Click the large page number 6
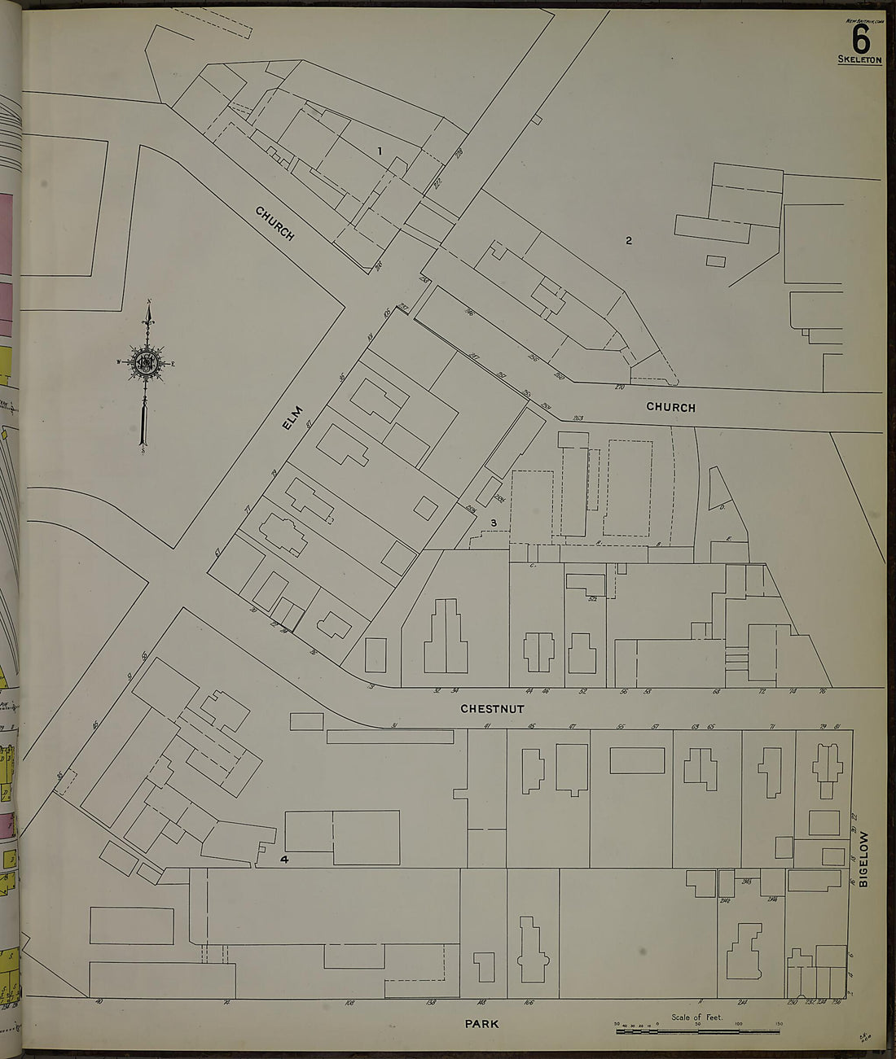[860, 37]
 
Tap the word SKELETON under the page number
[859, 59]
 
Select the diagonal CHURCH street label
[275, 223]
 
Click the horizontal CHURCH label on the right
[671, 407]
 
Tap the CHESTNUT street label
[492, 709]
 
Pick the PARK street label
[482, 1023]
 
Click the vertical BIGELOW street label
[864, 859]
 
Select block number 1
[379, 151]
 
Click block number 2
[629, 239]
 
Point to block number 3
[493, 522]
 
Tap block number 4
[284, 859]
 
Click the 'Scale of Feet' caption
[696, 1017]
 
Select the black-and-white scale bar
[696, 1031]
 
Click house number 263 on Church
[578, 418]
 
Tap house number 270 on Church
[618, 387]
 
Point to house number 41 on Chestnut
[487, 725]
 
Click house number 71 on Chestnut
[771, 725]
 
